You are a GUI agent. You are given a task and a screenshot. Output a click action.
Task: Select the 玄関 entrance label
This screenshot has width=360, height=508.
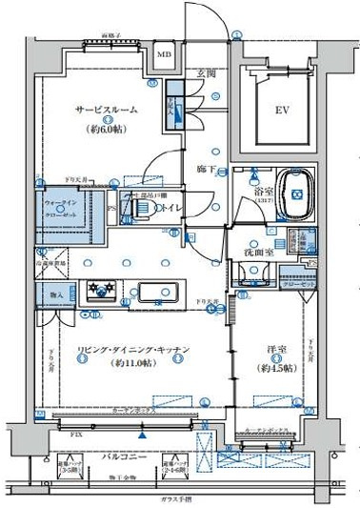pos(207,73)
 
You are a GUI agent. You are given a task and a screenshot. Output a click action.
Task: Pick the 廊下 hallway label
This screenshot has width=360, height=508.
pos(205,169)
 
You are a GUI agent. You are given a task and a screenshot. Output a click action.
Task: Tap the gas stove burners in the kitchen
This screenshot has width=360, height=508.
pos(100,290)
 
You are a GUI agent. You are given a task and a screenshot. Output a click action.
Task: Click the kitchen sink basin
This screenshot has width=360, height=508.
pos(156,293)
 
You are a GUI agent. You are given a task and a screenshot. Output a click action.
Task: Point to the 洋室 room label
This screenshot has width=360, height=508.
pos(275,351)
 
